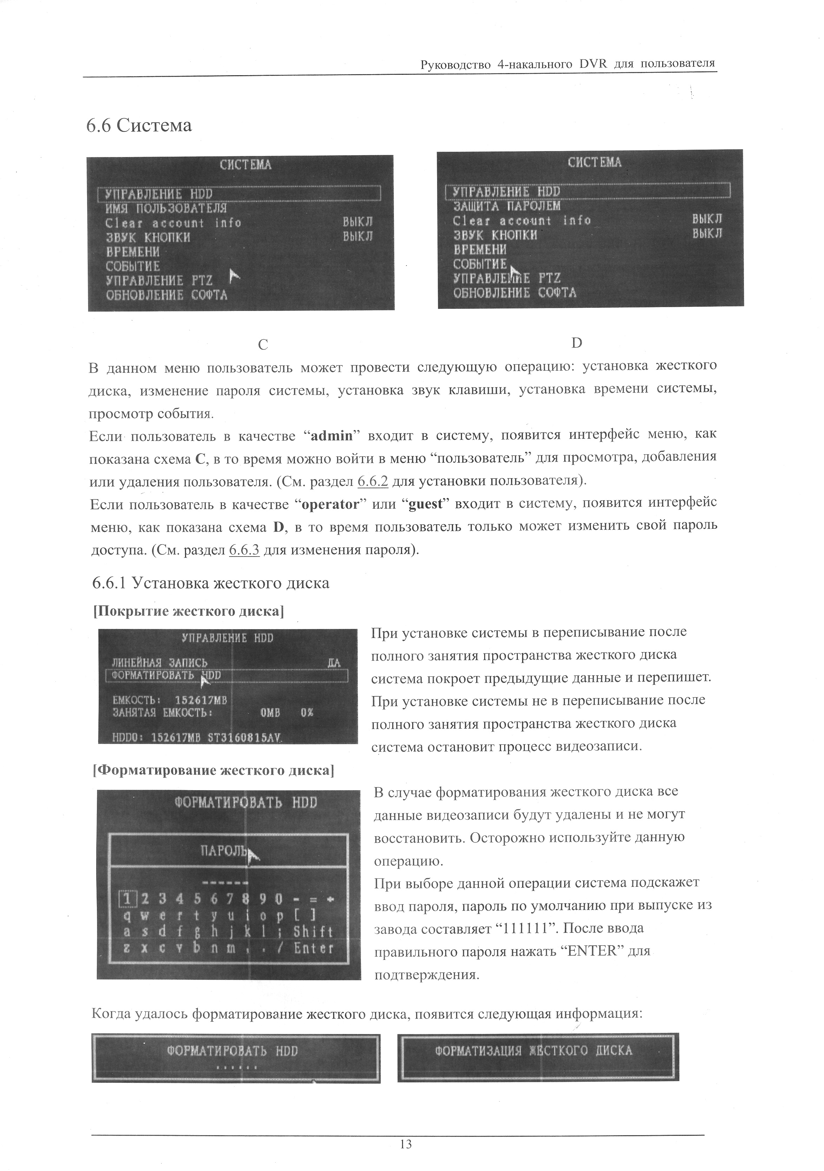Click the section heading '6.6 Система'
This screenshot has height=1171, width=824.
139,125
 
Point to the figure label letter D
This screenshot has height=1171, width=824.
576,343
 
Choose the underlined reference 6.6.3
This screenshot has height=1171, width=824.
245,550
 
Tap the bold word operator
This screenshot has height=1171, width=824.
330,505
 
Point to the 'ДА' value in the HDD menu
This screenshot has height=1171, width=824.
334,663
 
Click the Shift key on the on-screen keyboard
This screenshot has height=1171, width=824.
313,932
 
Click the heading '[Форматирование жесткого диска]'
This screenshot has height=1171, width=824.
213,770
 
